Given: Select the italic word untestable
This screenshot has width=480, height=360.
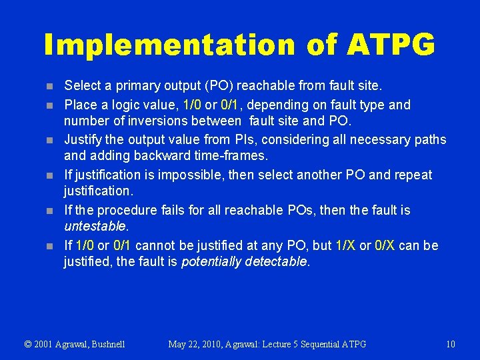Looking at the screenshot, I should (x=95, y=226).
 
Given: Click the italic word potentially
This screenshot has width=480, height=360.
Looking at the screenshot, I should (x=211, y=261).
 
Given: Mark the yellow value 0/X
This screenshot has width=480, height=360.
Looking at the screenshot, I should (x=386, y=245).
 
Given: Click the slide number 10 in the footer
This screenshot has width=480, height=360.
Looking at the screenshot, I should (x=450, y=344).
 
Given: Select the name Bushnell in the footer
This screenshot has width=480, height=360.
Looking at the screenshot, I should (x=104, y=344).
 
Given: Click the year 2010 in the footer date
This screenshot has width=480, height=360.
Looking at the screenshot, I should (x=213, y=344).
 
